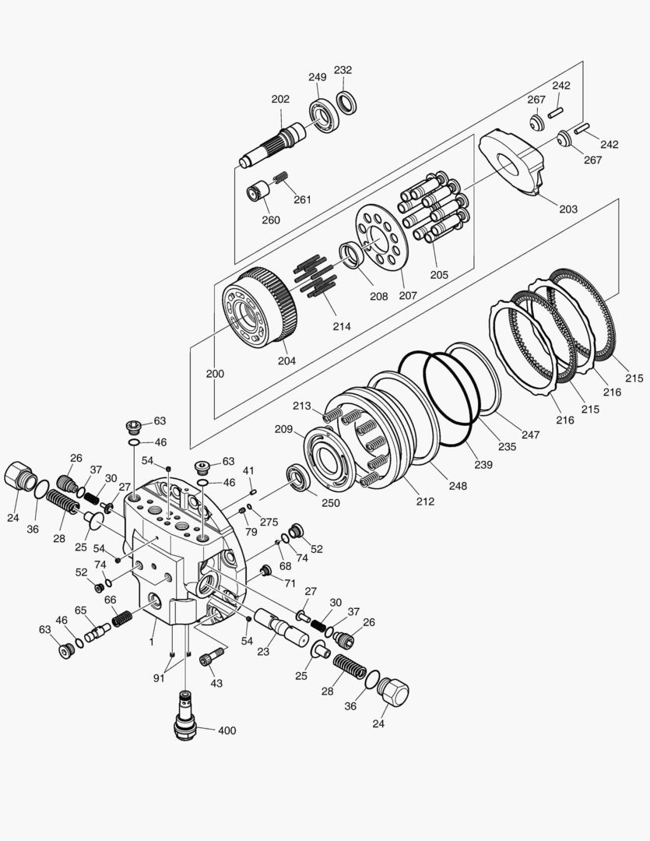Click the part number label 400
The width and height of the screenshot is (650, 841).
click(227, 730)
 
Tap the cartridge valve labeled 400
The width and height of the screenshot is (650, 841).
click(185, 716)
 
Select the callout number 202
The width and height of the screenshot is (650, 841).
click(280, 99)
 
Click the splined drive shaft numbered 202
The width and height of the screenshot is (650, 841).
click(272, 145)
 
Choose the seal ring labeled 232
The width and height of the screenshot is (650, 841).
click(346, 103)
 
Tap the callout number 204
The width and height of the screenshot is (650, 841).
click(286, 361)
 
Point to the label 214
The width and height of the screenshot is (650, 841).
click(342, 326)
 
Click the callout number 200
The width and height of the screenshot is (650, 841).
click(215, 374)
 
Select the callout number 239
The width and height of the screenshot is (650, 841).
click(483, 464)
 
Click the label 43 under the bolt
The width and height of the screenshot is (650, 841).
click(216, 684)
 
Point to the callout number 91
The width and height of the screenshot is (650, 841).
click(159, 678)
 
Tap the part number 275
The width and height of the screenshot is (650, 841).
click(269, 522)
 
